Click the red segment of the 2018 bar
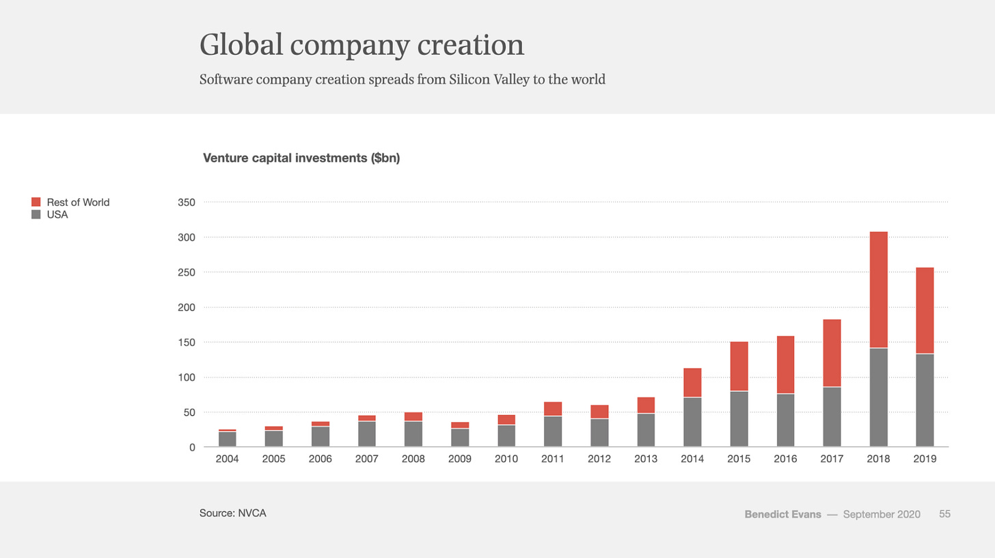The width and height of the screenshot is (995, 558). [x=878, y=290]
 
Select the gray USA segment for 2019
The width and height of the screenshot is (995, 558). [x=925, y=400]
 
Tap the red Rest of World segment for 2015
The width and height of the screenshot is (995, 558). [x=739, y=366]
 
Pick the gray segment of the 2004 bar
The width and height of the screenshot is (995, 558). [x=227, y=439]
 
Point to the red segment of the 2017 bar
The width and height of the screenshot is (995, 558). [x=832, y=353]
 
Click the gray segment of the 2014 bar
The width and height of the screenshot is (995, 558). [x=692, y=422]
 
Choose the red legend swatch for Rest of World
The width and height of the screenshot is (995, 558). [x=36, y=202]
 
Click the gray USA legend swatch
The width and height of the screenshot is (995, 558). [x=36, y=215]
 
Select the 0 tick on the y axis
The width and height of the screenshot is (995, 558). [x=193, y=447]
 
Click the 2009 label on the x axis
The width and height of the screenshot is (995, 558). [x=460, y=460]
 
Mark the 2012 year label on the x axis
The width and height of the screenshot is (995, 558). [x=599, y=460]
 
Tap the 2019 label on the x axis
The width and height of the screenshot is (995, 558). [x=925, y=460]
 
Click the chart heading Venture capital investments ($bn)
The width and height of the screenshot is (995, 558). [x=301, y=159]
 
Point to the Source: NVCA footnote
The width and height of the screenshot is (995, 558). [x=232, y=513]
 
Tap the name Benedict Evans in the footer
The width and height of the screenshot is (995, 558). [x=783, y=514]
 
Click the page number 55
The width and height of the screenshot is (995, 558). [x=944, y=514]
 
